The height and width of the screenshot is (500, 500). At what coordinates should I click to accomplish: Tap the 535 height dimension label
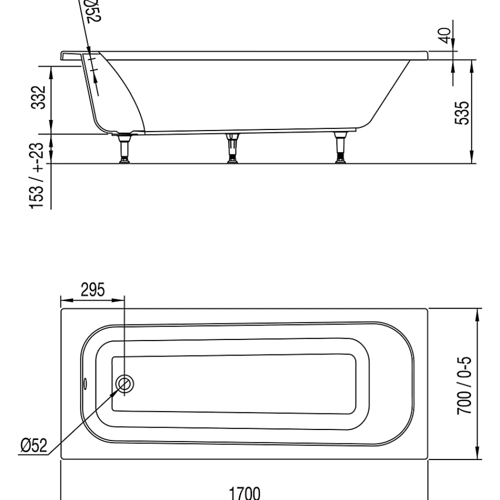pyautogui.click(x=462, y=113)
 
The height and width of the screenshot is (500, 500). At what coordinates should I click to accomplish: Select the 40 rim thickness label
pyautogui.click(x=445, y=35)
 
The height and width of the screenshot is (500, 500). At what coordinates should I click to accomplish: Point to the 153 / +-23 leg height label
pyautogui.click(x=36, y=176)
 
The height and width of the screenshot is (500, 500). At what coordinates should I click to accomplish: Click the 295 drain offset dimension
pyautogui.click(x=92, y=290)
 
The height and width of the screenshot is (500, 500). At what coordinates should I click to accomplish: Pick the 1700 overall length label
pyautogui.click(x=244, y=493)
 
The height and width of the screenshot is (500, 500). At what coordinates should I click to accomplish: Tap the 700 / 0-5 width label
pyautogui.click(x=464, y=385)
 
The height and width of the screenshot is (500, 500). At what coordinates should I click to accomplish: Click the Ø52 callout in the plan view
pyautogui.click(x=34, y=445)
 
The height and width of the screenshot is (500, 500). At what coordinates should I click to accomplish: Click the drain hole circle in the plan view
pyautogui.click(x=124, y=383)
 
